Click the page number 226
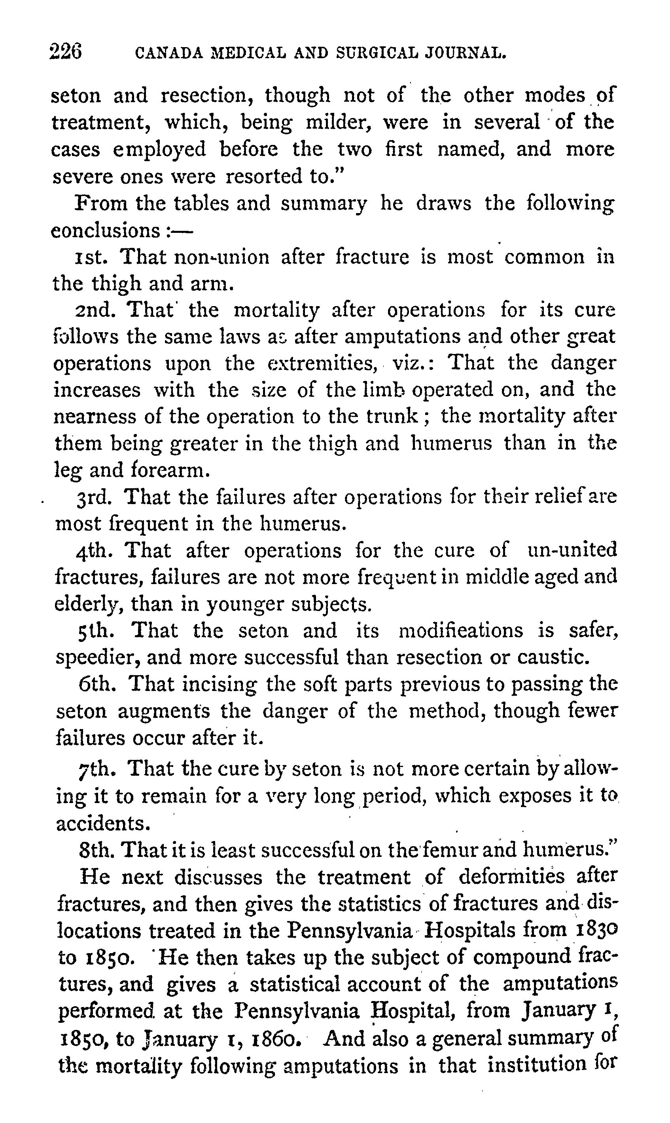coord(66,51)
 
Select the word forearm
coord(170,470)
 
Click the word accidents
coord(102,823)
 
